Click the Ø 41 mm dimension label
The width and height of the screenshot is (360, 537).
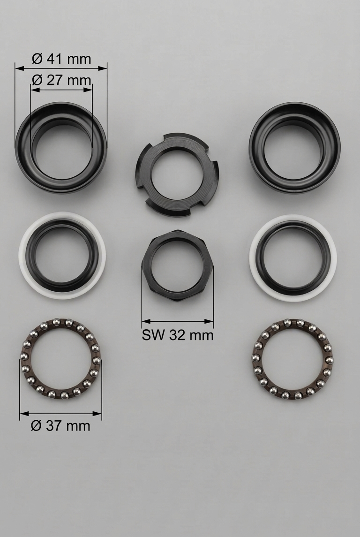pos(61,59)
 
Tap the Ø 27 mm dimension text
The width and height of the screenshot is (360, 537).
pos(61,80)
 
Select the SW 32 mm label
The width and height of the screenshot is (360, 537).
pos(178,335)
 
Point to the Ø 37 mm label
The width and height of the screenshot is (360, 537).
pos(60,426)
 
